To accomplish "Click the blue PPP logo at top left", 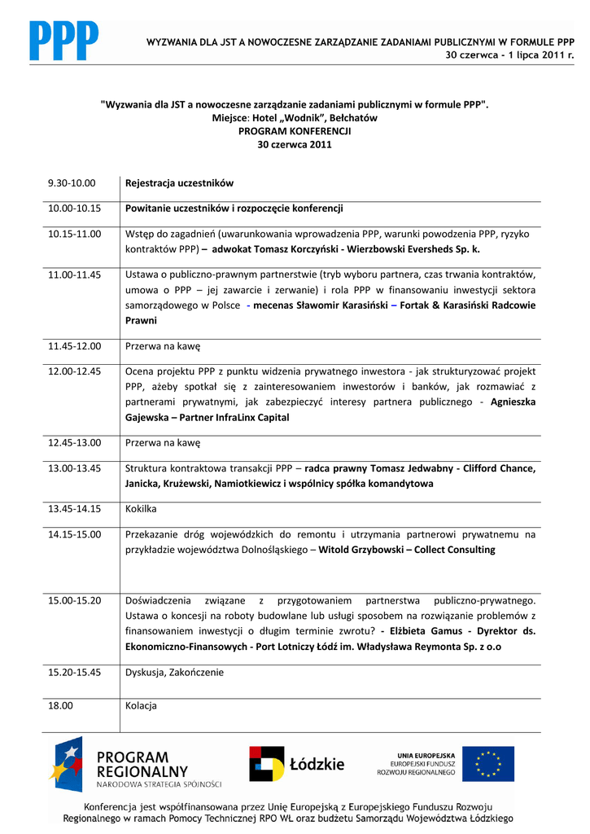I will point(64,41).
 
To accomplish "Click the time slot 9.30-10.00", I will point(72,183).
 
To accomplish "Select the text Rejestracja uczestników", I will point(179,183).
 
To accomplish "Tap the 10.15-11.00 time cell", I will point(74,234).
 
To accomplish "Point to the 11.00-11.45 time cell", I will point(74,274).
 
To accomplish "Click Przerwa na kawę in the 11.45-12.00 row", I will point(163,346).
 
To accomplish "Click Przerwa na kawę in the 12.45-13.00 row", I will point(163,443).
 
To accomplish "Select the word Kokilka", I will point(141,509).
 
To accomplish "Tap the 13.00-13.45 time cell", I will point(74,468).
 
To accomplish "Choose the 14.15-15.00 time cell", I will point(74,534).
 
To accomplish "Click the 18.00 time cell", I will point(60,705).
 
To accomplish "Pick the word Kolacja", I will point(141,705).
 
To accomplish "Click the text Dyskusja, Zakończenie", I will point(174,673).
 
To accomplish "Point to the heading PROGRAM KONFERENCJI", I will point(294,130).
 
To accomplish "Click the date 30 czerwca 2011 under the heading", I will point(294,144).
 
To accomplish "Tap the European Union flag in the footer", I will point(488,763).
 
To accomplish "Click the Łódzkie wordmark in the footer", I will point(317,765).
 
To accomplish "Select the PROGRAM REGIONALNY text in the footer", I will point(142,764).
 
